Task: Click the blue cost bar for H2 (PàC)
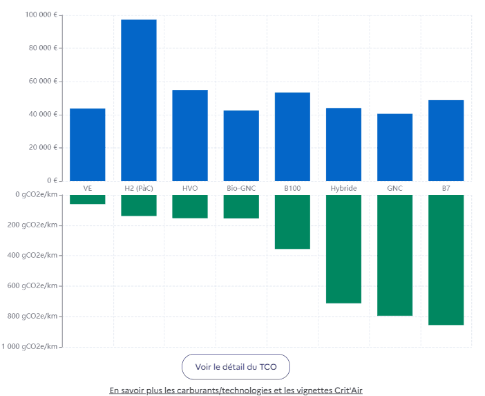(x=139, y=100)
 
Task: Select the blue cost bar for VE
(x=88, y=144)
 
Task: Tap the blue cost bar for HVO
(x=190, y=135)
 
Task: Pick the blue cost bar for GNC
(x=394, y=147)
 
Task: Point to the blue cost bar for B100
(x=292, y=136)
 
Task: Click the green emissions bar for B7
(x=446, y=260)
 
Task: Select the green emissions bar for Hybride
(x=343, y=249)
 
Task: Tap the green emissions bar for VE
(x=88, y=199)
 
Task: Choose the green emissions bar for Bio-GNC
(x=241, y=207)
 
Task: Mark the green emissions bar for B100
(x=292, y=222)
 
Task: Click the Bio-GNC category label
(x=241, y=188)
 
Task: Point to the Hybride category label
(x=343, y=188)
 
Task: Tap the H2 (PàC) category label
(x=139, y=188)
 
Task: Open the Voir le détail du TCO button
(x=236, y=367)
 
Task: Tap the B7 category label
(x=446, y=188)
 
